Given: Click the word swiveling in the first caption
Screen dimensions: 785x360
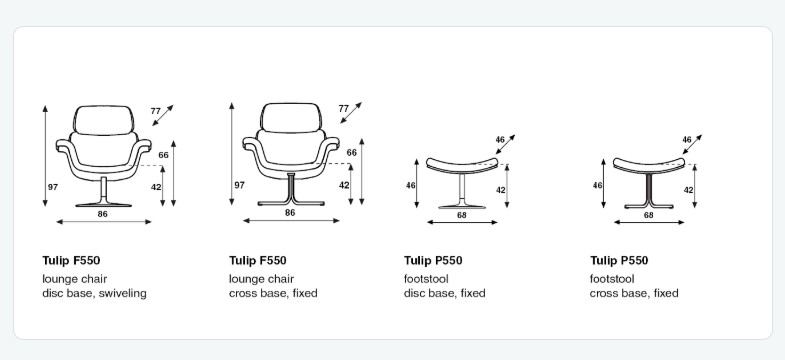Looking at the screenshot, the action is click(x=123, y=293).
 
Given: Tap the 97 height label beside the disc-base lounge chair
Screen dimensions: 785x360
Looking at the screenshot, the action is click(x=53, y=187).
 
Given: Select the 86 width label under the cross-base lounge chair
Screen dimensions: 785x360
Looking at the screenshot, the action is click(x=290, y=213).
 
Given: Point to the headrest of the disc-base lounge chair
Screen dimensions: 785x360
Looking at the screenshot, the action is click(x=104, y=120).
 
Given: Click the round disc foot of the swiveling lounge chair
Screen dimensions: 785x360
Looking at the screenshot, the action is click(x=104, y=204).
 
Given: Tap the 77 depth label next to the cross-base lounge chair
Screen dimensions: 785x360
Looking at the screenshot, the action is click(x=343, y=109).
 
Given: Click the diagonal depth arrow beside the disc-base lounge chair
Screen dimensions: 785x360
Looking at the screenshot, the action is click(x=163, y=115).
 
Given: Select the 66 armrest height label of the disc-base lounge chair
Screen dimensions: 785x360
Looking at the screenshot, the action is click(x=163, y=155).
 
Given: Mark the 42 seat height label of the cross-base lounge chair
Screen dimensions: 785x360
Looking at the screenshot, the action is click(x=344, y=185).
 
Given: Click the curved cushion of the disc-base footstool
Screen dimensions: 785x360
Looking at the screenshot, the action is click(x=462, y=166).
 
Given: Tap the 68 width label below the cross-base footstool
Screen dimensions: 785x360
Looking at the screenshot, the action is click(x=648, y=215).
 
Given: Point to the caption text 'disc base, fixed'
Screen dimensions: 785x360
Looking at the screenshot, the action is click(x=445, y=293).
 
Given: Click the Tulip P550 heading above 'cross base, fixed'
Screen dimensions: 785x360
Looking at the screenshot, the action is click(x=619, y=260).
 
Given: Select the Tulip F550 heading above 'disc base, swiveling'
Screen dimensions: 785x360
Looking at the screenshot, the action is click(x=71, y=260).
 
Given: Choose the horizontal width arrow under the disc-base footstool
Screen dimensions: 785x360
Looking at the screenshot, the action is click(x=462, y=222).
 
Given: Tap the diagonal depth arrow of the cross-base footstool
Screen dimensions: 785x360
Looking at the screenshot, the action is click(x=692, y=144).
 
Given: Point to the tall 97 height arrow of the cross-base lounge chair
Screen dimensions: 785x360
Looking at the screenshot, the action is click(x=232, y=154).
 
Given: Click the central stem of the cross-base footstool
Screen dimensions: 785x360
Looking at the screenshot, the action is click(x=649, y=188).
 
